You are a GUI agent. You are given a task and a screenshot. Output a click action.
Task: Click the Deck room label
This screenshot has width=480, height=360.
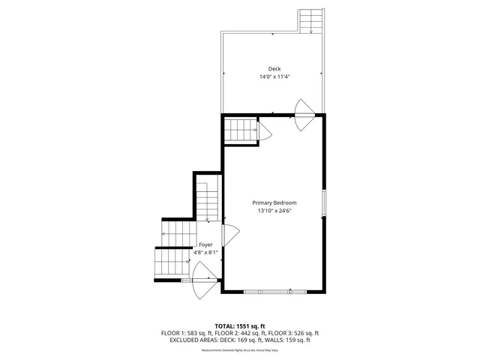[274, 69]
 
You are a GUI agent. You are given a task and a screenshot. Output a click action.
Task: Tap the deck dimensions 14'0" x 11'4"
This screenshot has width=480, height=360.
[274, 76]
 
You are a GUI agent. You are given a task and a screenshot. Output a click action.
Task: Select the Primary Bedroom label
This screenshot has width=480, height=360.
[274, 202]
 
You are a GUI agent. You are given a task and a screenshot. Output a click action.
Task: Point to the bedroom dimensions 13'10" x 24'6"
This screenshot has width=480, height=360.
[274, 211]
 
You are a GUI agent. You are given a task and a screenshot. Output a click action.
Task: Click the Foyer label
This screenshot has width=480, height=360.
[205, 244]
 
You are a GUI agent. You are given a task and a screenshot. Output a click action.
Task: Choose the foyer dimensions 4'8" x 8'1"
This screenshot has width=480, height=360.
[205, 253]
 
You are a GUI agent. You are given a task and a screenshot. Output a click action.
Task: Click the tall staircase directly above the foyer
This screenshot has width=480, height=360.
[206, 199]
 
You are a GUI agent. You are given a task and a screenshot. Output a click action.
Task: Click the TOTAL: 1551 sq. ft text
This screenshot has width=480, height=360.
[240, 325]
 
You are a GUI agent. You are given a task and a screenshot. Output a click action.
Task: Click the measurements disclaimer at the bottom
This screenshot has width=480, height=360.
[240, 349]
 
